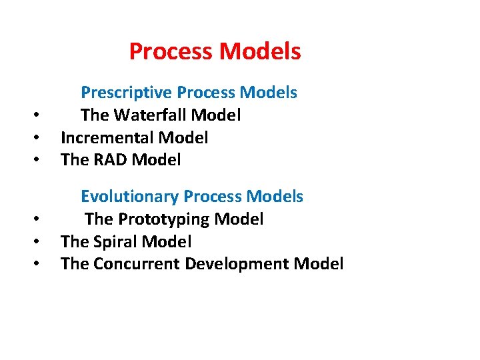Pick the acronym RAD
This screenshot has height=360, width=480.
click(109, 160)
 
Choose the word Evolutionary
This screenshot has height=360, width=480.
click(129, 197)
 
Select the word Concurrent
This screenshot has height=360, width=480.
click(137, 264)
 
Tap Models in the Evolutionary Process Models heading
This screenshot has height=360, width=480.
click(275, 197)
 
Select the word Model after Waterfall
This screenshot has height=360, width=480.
click(216, 115)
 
